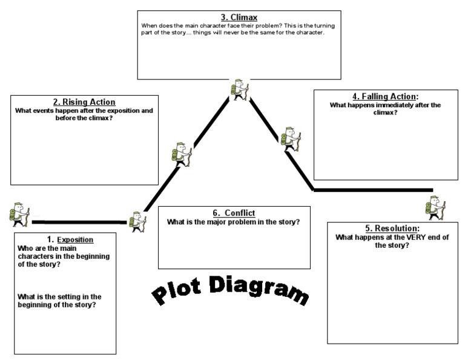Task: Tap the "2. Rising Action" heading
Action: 84,102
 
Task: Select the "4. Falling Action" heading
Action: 385,96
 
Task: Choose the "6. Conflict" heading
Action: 234,213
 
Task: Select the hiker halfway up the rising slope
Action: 181,154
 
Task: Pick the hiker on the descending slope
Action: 288,138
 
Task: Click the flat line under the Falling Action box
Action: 373,190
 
